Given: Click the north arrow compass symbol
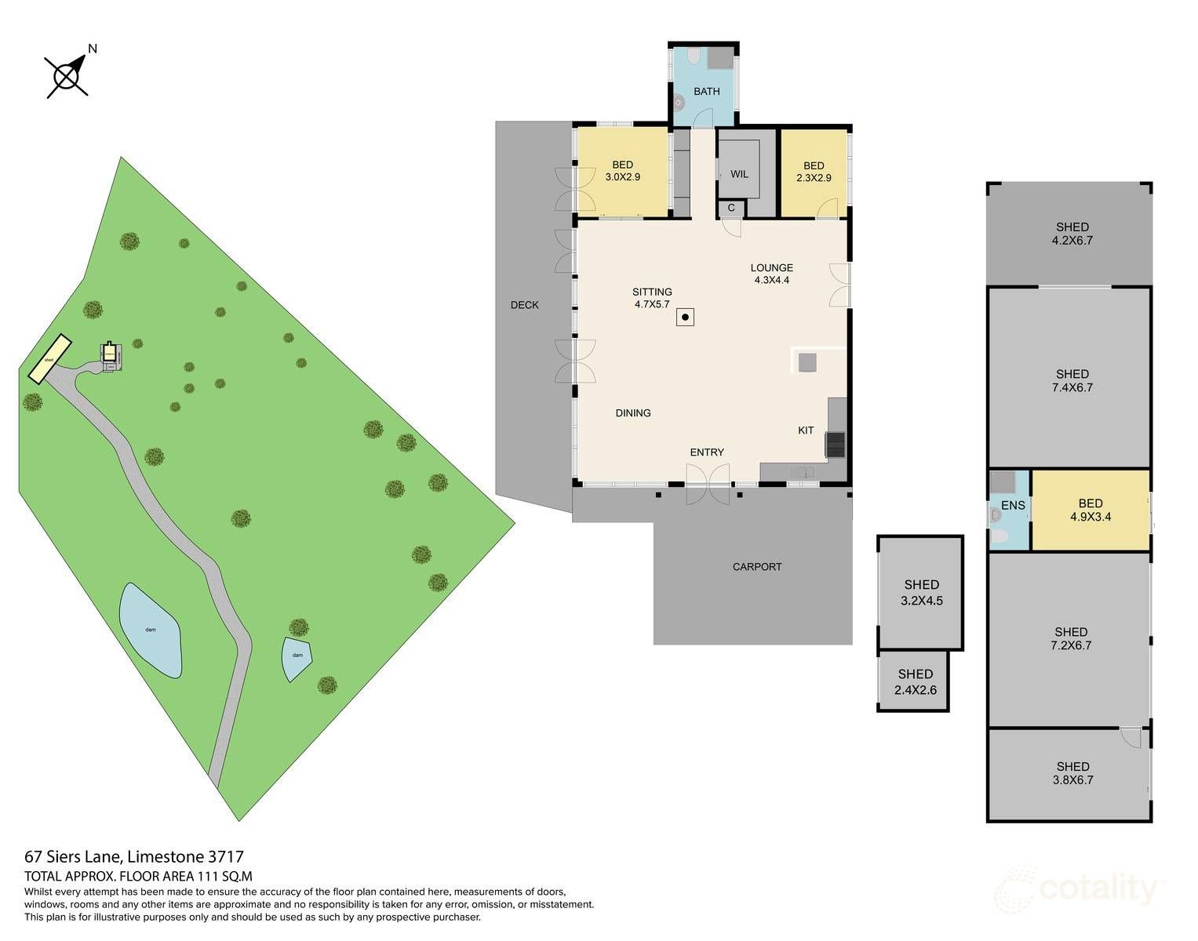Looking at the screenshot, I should [x=67, y=75].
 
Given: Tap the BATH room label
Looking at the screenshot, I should [x=706, y=92].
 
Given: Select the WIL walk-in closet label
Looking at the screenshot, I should [x=739, y=174].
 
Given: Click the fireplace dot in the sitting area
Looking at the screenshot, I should [x=685, y=318].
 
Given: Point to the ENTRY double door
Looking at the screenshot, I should [x=708, y=483].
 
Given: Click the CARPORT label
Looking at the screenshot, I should [x=756, y=567].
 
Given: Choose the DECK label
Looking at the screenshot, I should [x=524, y=305].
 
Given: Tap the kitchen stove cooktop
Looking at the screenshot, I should [x=835, y=445].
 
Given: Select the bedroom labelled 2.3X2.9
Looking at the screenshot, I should [x=814, y=172].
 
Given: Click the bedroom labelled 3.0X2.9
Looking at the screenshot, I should [x=622, y=171].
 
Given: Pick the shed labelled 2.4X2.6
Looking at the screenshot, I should [x=915, y=681].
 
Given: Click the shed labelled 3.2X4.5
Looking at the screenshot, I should [x=921, y=593].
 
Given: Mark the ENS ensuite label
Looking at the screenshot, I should [x=1012, y=506].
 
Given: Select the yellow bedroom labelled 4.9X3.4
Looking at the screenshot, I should [x=1090, y=510].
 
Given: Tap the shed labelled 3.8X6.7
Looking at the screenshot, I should [x=1072, y=773].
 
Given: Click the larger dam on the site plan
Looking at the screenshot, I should [x=150, y=630].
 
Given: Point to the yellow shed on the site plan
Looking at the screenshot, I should [x=49, y=359].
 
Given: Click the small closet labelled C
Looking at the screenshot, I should [x=731, y=208].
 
